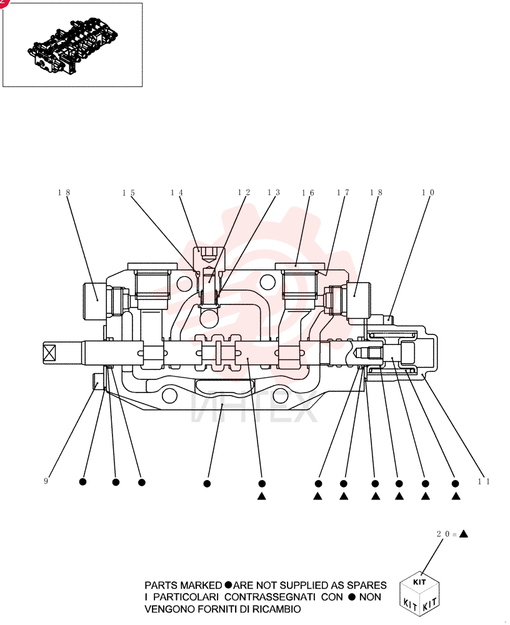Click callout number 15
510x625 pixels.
coord(129,193)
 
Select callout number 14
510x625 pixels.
coord(177,192)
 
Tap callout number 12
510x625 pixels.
coord(244,192)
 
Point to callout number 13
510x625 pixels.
coord(274,192)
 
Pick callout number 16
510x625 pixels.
coord(308,193)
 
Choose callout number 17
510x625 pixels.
coord(343,192)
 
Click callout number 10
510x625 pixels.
coord(428,192)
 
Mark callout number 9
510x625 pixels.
coord(46,481)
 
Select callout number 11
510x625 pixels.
coord(484,481)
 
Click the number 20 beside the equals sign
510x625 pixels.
coord(443,534)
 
